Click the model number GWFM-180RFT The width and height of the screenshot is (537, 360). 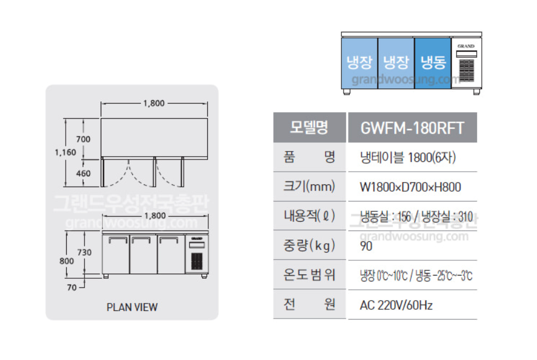click(x=412, y=127)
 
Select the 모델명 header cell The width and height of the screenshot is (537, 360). click(x=309, y=127)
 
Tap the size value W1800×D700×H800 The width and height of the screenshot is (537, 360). click(x=410, y=187)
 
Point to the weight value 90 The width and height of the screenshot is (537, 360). click(x=366, y=246)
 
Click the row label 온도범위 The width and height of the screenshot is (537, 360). click(x=309, y=275)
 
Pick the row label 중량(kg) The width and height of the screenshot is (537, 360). click(x=309, y=246)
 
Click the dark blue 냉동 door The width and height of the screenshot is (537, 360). click(x=433, y=62)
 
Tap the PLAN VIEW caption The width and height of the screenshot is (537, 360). click(x=132, y=307)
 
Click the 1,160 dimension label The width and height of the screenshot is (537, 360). click(x=65, y=153)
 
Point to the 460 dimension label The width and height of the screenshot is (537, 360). click(x=83, y=173)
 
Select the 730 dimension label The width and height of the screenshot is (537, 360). click(x=85, y=252)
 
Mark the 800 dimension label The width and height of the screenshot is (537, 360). click(x=67, y=260)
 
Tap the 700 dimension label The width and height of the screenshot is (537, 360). click(x=83, y=139)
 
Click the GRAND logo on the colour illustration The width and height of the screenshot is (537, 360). click(x=466, y=46)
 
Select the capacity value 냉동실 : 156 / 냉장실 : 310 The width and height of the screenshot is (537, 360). click(x=416, y=217)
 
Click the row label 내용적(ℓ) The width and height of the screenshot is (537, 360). click(x=309, y=217)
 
